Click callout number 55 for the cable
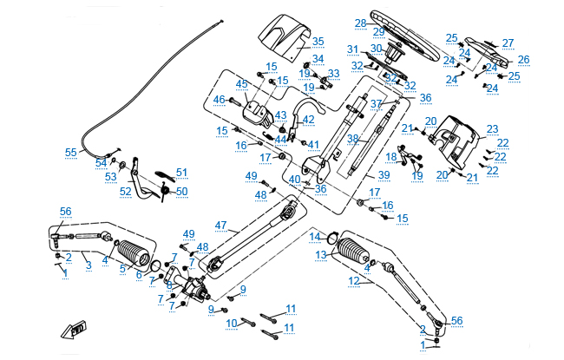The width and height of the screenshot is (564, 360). click(70, 152)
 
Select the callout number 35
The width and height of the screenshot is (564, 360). click(318, 42)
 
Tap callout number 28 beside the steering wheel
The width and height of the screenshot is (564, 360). click(360, 23)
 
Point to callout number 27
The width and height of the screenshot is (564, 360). click(508, 43)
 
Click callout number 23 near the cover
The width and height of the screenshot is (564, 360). click(492, 128)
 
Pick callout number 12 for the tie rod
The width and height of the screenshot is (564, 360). click(353, 280)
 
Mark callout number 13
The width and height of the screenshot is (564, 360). click(320, 254)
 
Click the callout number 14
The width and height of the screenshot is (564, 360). click(316, 236)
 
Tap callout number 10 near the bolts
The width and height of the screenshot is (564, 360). click(232, 323)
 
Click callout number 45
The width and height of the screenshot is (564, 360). click(241, 83)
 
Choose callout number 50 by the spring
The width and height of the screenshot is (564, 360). click(181, 191)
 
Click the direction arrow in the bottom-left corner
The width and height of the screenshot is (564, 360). click(74, 330)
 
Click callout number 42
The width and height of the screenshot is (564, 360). click(308, 119)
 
